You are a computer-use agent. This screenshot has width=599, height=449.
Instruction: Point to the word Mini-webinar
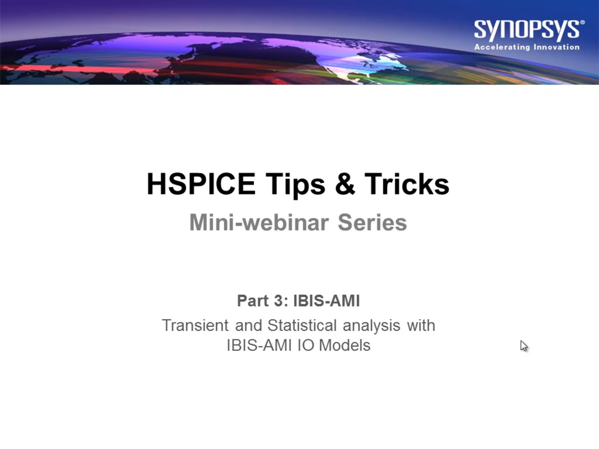[259, 222]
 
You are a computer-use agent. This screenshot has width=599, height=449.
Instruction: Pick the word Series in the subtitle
[372, 222]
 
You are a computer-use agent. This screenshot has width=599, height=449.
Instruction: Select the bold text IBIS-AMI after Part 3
[327, 301]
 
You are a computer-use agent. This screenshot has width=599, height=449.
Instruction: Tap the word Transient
[195, 325]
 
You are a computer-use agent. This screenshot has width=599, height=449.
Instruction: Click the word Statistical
[302, 325]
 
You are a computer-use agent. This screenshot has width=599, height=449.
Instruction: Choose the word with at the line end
[421, 325]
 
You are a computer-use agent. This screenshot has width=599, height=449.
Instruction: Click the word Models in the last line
[344, 345]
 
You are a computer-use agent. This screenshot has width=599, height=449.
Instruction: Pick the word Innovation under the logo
[557, 47]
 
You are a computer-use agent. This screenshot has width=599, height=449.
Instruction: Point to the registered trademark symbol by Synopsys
[582, 22]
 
